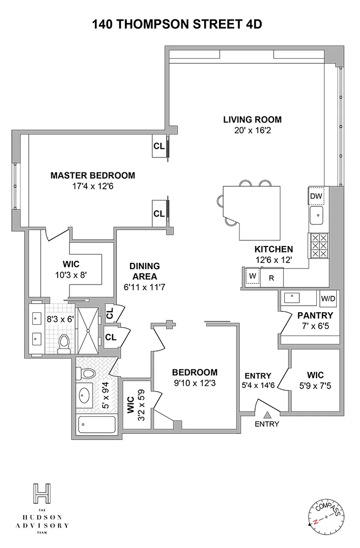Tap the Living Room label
click(252, 120)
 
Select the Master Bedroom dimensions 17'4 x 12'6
click(93, 186)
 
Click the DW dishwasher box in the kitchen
click(315, 196)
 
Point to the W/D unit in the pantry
click(328, 298)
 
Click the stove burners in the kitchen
click(317, 245)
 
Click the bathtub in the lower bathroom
click(97, 425)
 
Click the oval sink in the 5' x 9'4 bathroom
click(85, 396)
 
